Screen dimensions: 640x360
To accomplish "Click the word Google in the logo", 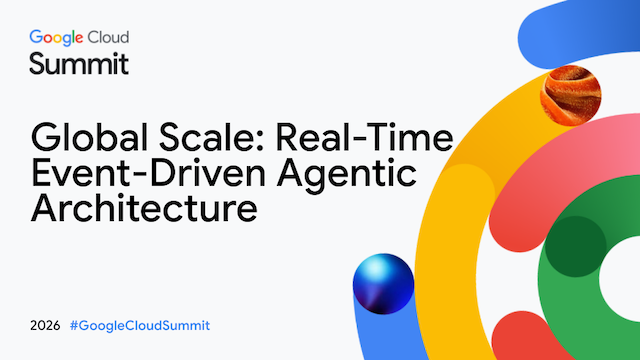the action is pyautogui.click(x=56, y=38).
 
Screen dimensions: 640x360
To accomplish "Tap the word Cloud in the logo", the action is pyautogui.click(x=109, y=37).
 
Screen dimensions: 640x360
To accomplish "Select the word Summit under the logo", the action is pyautogui.click(x=79, y=64).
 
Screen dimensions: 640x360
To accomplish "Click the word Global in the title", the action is pyautogui.click(x=89, y=137).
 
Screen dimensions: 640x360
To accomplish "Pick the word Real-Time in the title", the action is pyautogui.click(x=364, y=137).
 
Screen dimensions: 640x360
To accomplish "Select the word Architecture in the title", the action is pyautogui.click(x=144, y=208).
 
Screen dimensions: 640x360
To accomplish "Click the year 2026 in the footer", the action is pyautogui.click(x=45, y=326).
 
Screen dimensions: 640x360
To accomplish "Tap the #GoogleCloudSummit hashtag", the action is pyautogui.click(x=140, y=326).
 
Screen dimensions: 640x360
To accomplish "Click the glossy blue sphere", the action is pyautogui.click(x=383, y=284).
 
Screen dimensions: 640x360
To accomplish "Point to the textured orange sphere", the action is pyautogui.click(x=571, y=96).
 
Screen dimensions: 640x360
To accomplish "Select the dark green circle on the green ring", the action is pyautogui.click(x=576, y=247).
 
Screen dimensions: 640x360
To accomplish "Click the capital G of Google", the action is pyautogui.click(x=36, y=37).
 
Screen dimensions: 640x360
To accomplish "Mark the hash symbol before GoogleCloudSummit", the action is pyautogui.click(x=74, y=326).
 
